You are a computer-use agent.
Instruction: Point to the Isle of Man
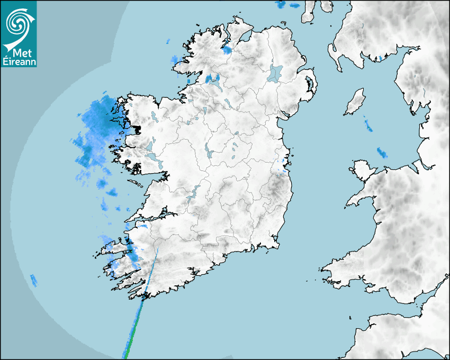point(355,102)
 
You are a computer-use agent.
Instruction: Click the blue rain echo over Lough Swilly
point(227,50)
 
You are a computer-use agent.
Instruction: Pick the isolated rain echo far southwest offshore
point(34,280)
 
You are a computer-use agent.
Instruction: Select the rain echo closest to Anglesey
point(382,153)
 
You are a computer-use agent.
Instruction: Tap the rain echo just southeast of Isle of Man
point(367,125)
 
